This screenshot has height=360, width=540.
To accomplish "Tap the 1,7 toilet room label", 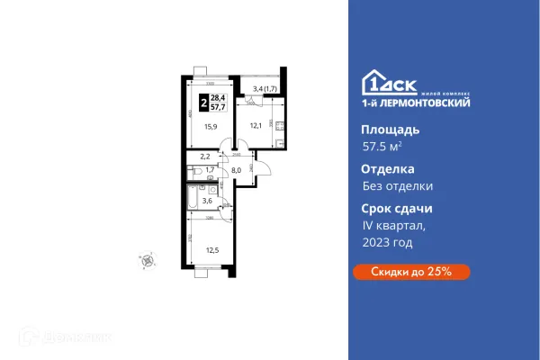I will point(210,169).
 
